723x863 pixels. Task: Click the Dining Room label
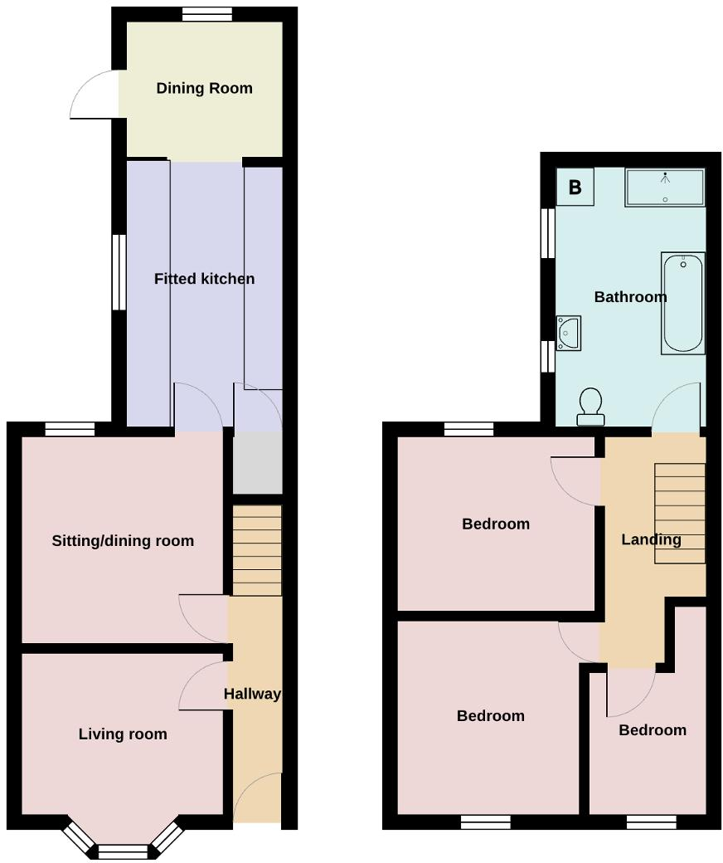point(204,89)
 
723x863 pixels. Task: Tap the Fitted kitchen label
point(204,279)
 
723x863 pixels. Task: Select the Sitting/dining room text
point(123,541)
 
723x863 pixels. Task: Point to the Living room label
point(123,734)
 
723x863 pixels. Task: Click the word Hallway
point(252,695)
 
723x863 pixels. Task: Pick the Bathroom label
point(630,297)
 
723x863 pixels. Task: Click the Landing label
point(651,539)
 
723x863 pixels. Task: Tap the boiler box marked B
point(575,188)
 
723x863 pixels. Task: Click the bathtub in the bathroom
point(683,302)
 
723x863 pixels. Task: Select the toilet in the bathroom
point(591,407)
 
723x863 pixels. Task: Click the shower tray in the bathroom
point(664,188)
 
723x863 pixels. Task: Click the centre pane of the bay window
point(123,851)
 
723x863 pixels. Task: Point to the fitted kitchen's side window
point(119,272)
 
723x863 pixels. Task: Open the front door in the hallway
point(259,797)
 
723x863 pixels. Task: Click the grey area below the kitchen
point(257,462)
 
